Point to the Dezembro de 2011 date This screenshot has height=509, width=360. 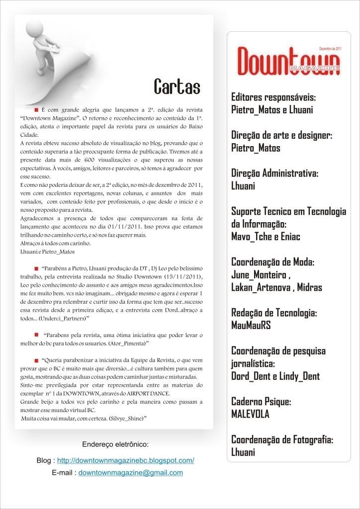tap(330, 49)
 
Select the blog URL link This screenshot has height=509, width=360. tap(125, 461)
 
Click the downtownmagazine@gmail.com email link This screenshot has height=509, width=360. tap(131, 473)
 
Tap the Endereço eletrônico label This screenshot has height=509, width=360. tap(114, 444)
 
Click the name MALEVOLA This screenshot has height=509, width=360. tap(250, 414)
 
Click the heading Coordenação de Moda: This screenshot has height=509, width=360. tap(273, 262)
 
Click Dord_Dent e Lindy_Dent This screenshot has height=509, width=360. tap(275, 376)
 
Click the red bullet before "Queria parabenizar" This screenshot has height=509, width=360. tap(36, 359)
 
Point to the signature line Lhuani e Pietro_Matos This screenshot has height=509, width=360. tap(45, 252)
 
